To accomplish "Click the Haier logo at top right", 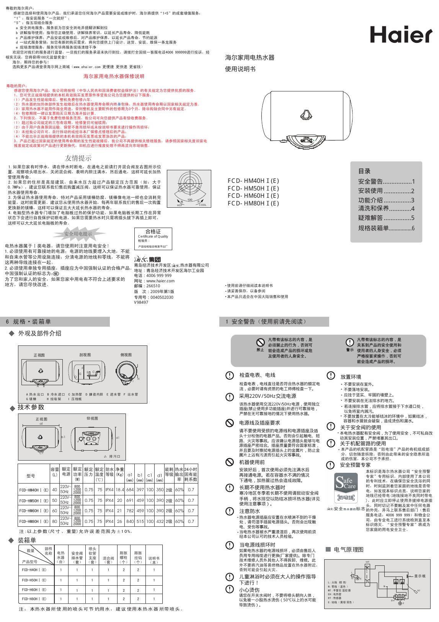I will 401,35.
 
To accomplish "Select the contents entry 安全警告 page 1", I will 386,181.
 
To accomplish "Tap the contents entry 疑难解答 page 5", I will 386,218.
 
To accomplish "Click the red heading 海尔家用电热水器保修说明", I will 114,77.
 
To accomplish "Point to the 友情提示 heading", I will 78,158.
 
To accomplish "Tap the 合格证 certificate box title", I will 153,231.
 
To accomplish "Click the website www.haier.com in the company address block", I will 160,281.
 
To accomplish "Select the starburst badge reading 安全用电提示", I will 78,234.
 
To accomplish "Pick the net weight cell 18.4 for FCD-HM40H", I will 120,490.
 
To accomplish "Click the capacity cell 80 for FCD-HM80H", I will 54,521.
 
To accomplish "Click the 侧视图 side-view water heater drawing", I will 126,371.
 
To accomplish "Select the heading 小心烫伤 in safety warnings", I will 249,590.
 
